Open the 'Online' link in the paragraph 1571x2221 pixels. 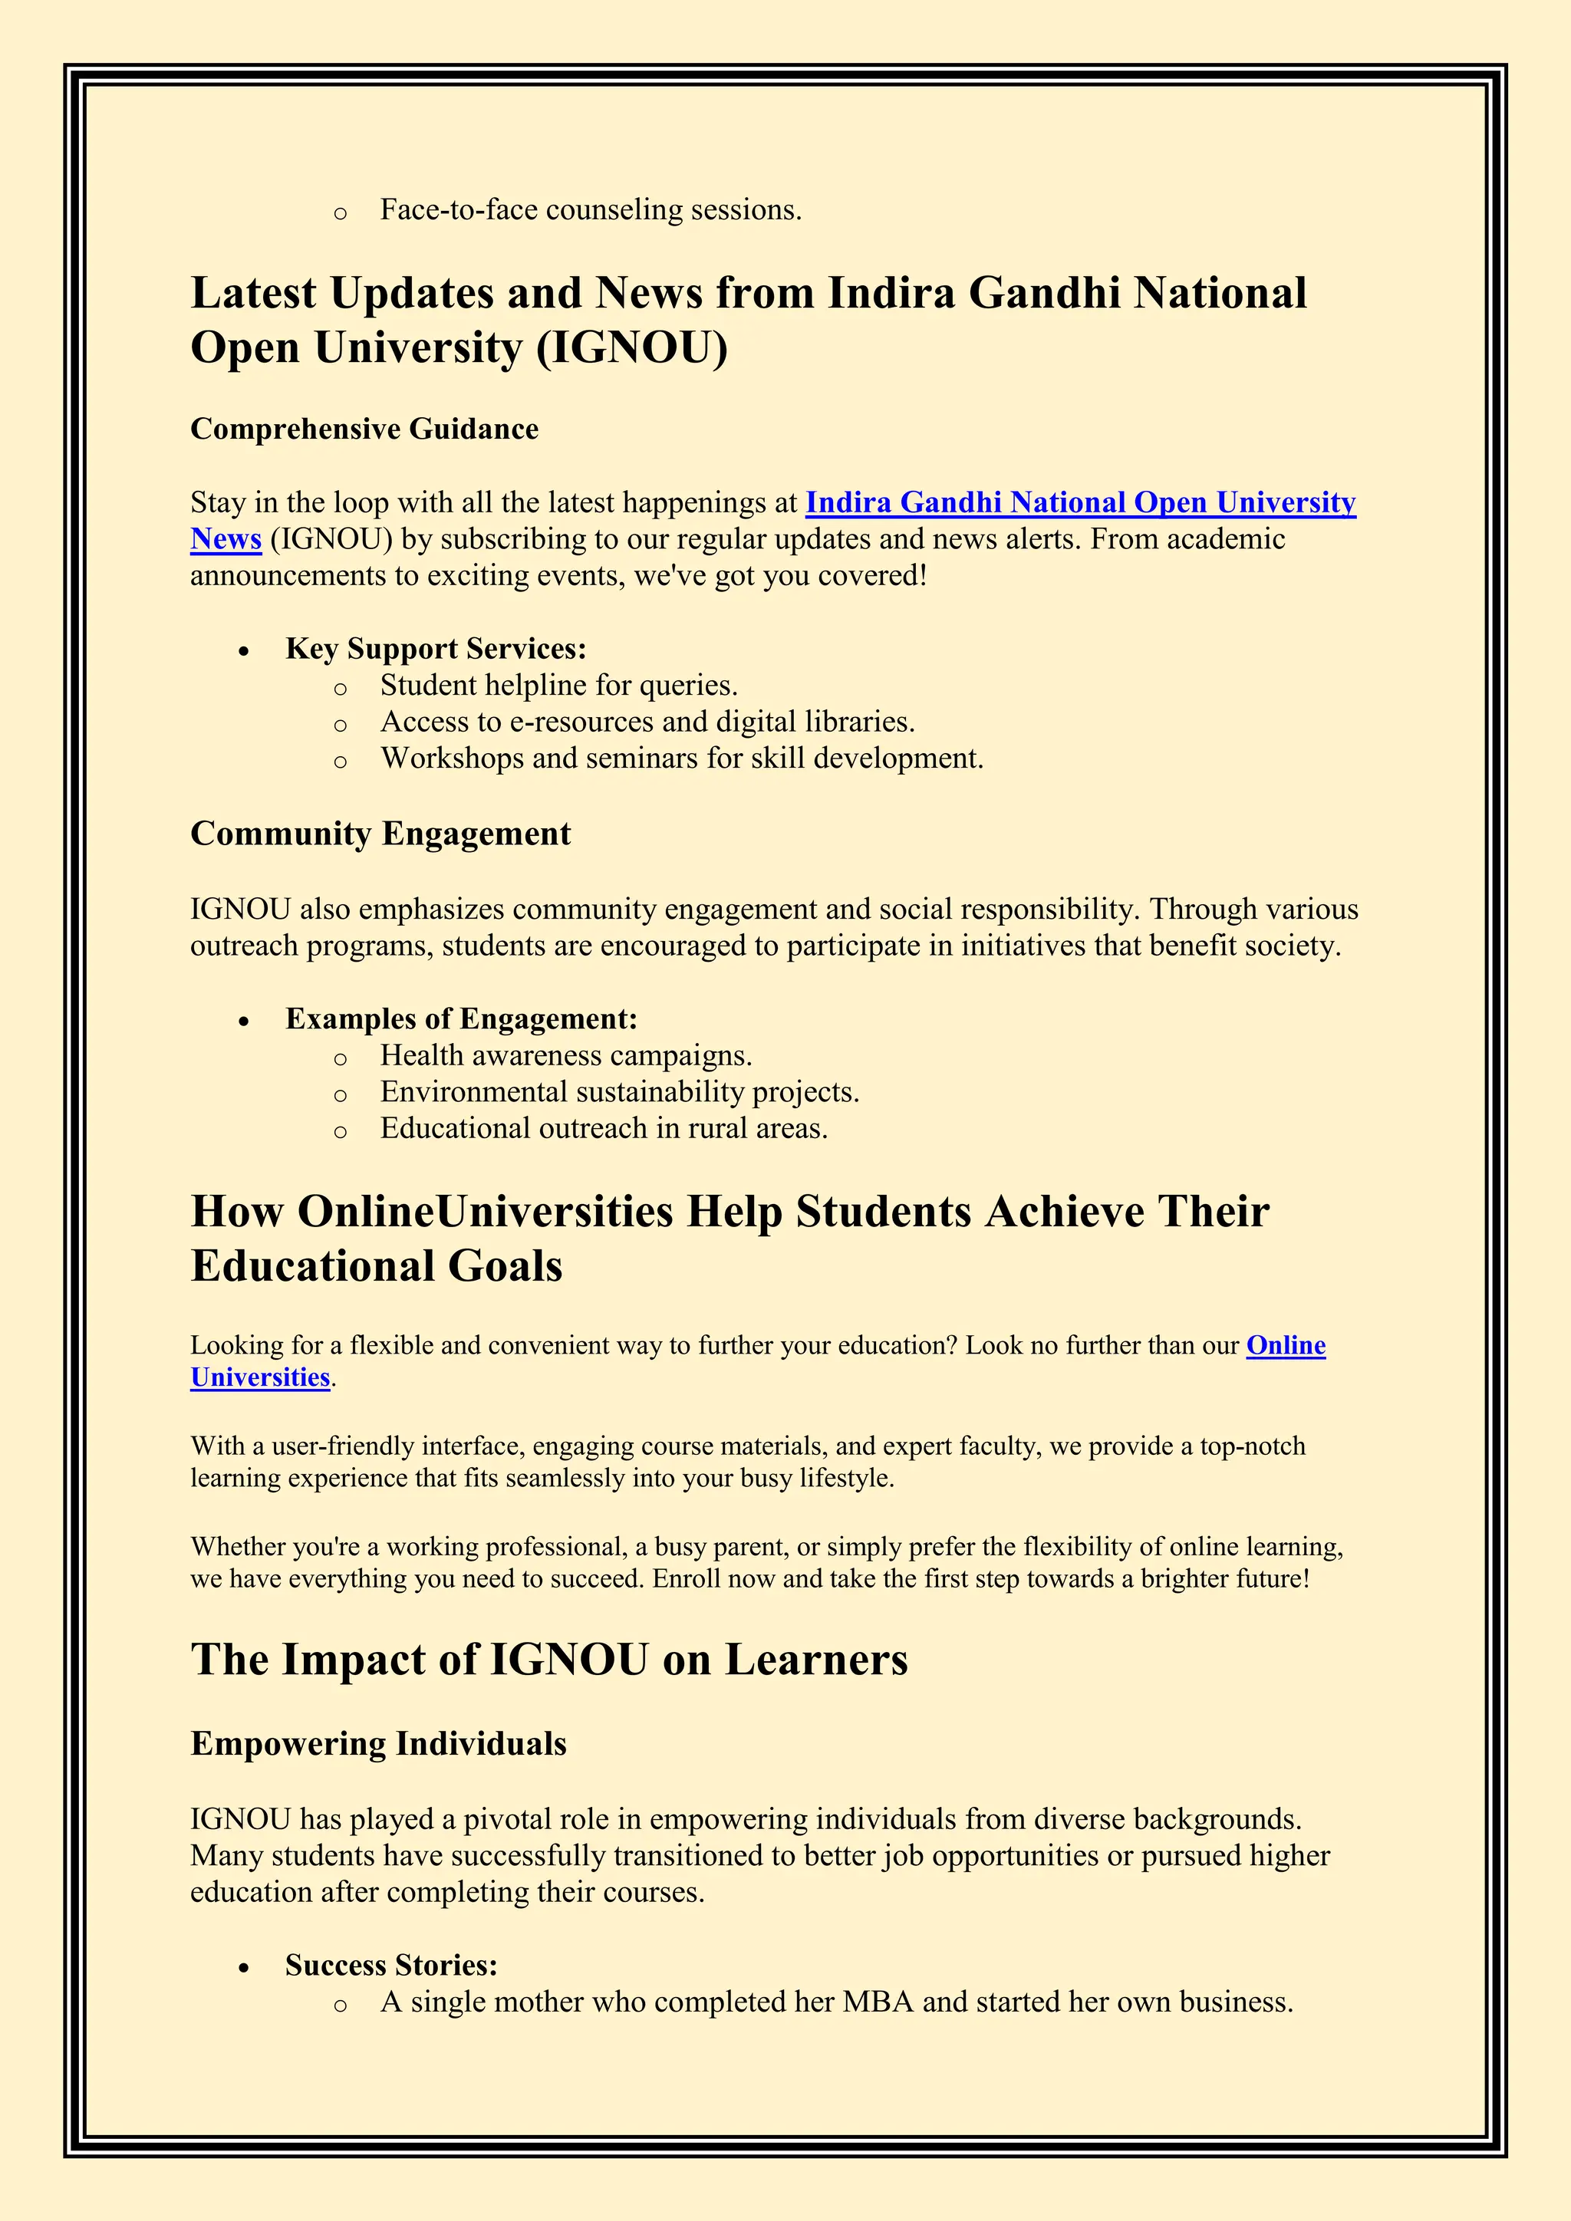(1285, 1346)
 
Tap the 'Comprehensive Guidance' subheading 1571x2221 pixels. (364, 429)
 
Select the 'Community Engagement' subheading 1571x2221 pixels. (380, 834)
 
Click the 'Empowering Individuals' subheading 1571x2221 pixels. (378, 1744)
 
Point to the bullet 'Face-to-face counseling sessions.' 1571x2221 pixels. (590, 210)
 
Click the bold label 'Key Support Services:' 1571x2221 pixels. (435, 649)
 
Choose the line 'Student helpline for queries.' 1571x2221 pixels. (558, 686)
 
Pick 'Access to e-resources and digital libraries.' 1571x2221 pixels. (647, 722)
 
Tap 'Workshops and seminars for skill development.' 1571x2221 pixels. (681, 758)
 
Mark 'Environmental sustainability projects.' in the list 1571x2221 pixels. (619, 1092)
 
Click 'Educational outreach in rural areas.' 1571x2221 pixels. (604, 1129)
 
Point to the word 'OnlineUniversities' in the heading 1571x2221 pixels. (485, 1212)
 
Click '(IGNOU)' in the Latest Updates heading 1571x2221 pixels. (631, 348)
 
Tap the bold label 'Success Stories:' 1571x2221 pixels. (390, 1966)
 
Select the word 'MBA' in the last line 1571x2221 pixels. (878, 2002)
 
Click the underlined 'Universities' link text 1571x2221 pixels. (260, 1377)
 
